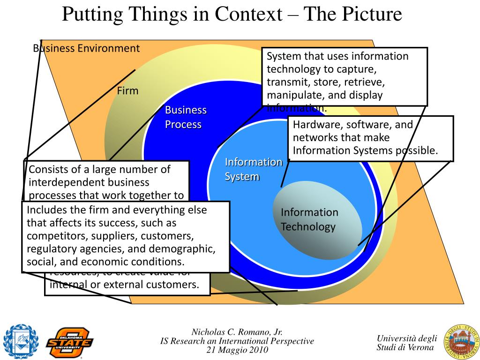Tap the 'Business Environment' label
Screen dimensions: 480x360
pos(86,48)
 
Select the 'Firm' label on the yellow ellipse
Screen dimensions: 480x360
pos(127,91)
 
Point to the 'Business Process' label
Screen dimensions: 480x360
pos(186,117)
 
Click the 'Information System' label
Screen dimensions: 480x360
pos(253,169)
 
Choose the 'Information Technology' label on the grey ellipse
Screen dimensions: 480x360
pos(309,219)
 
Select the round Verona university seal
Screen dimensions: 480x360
pos(461,341)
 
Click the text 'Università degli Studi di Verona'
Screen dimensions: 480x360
pos(406,343)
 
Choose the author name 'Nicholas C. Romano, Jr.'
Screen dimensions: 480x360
pos(237,332)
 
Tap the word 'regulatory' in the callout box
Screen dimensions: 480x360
pos(51,248)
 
